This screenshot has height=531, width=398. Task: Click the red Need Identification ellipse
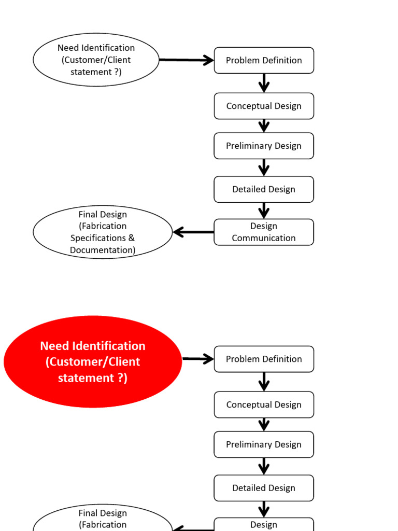(x=93, y=361)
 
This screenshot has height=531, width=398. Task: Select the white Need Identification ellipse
(x=96, y=60)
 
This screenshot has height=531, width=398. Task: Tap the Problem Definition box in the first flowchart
(x=264, y=60)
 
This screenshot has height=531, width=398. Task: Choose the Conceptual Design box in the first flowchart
(x=264, y=106)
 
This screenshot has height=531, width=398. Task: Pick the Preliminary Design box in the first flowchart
(x=264, y=146)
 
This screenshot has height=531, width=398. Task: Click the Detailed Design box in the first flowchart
(x=264, y=189)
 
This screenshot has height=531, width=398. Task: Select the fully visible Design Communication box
(x=264, y=232)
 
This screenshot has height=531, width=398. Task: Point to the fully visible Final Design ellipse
(x=103, y=232)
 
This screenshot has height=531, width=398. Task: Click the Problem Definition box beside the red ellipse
(x=264, y=359)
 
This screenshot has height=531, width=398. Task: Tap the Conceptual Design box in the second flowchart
(x=264, y=404)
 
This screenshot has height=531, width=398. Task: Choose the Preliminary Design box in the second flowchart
(x=264, y=444)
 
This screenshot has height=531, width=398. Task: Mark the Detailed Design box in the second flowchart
(x=264, y=488)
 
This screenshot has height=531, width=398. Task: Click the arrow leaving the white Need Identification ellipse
(x=187, y=60)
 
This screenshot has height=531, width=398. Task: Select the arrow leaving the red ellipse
(x=198, y=359)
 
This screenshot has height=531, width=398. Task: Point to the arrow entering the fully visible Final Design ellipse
(x=193, y=232)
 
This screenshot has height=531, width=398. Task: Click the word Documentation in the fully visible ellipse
(x=103, y=250)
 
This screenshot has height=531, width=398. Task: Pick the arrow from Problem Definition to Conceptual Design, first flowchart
(x=264, y=83)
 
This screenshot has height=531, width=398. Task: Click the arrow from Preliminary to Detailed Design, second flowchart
(x=264, y=466)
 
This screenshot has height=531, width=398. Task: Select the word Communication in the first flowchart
(x=264, y=238)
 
